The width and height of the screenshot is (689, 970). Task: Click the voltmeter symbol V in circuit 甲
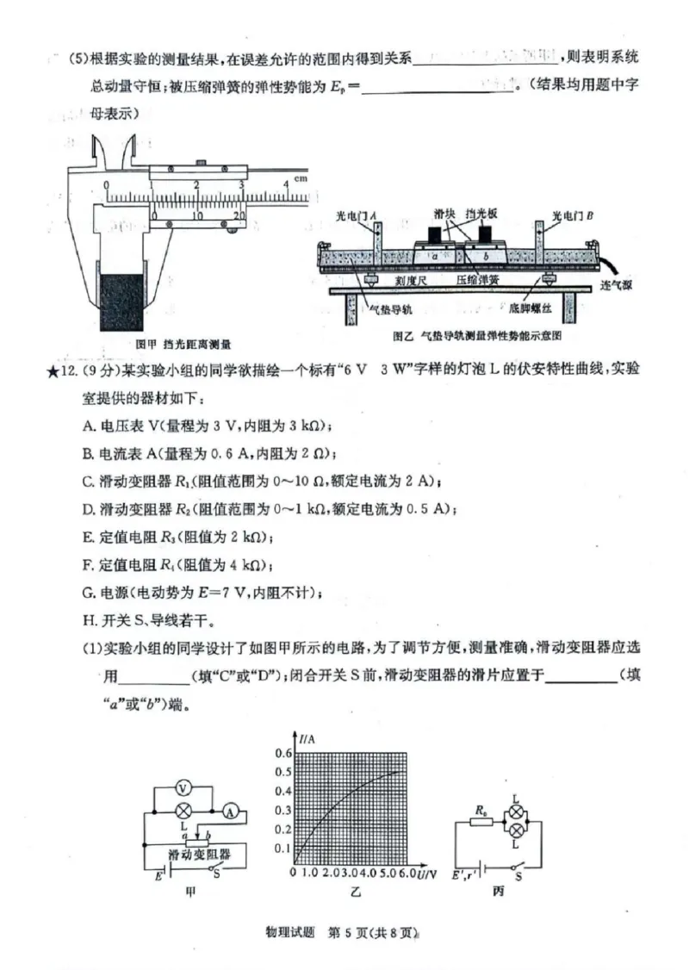[x=182, y=789]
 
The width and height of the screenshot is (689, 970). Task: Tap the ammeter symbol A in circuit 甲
[x=230, y=811]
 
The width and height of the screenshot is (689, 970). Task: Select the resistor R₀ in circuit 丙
[x=482, y=822]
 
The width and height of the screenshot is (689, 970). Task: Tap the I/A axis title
[x=307, y=737]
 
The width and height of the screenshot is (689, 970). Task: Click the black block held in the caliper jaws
[x=120, y=301]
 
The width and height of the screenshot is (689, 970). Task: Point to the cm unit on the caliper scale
[x=300, y=178]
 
